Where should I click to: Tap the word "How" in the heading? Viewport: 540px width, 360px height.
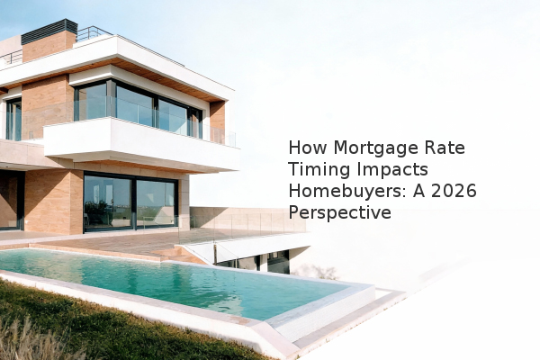coord(308,148)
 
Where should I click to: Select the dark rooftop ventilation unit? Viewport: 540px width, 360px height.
coord(49,31)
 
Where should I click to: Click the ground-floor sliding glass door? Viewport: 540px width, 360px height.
coord(130,203)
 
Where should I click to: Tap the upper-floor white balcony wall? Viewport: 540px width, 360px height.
coord(141,145)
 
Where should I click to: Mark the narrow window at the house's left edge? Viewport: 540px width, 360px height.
coord(13,119)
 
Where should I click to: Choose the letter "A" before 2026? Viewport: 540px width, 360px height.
coord(418,191)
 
